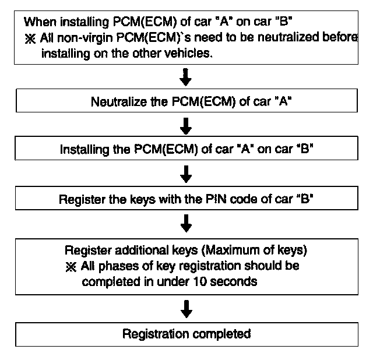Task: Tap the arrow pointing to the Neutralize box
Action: (x=186, y=76)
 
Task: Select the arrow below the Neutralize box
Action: (x=186, y=125)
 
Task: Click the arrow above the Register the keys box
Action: (x=186, y=173)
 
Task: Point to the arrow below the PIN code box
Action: (x=186, y=221)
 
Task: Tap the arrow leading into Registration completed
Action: (x=186, y=309)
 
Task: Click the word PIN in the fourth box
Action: (x=215, y=199)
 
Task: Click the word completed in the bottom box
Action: (x=223, y=334)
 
